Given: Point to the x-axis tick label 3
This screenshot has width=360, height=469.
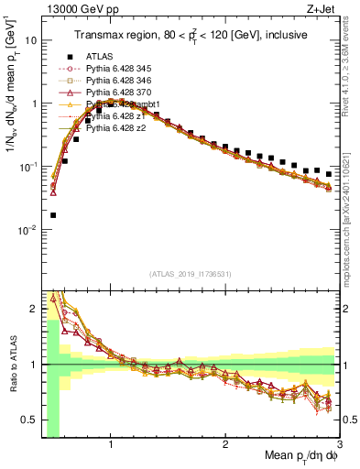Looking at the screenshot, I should click(x=339, y=445).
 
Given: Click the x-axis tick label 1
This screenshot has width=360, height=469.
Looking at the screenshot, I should click(x=111, y=445).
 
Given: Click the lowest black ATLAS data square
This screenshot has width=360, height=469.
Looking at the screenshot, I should click(x=52, y=215).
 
